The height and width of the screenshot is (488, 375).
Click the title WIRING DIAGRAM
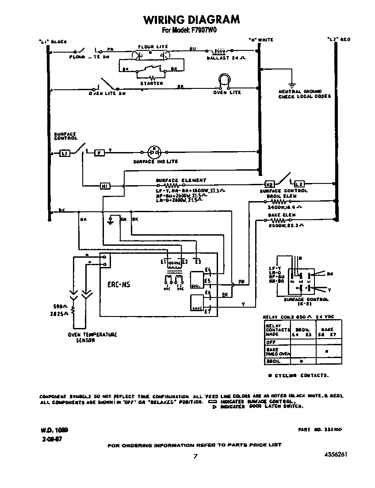(x=191, y=19)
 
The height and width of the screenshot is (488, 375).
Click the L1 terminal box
(x=65, y=153)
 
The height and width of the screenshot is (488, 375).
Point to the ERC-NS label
(x=119, y=285)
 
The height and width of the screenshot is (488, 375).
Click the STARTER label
(x=151, y=83)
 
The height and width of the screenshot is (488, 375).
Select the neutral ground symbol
(x=291, y=84)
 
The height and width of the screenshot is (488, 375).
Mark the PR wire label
(x=241, y=282)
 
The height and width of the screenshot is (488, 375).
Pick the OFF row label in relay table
(x=270, y=342)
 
